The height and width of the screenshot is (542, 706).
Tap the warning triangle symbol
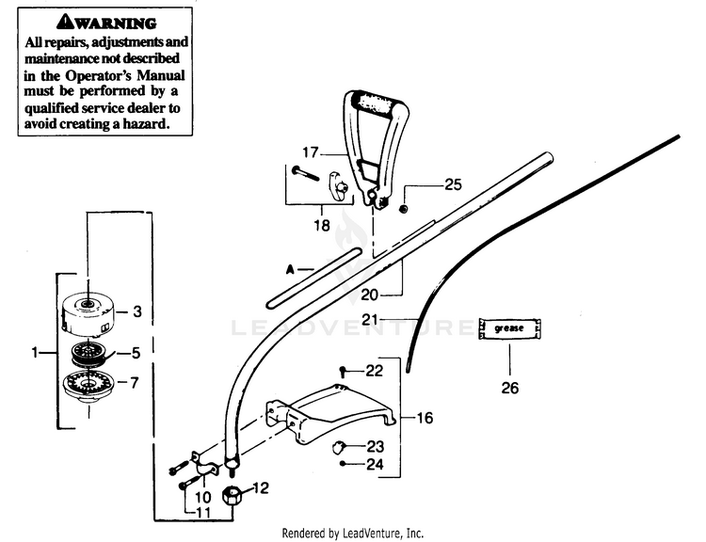(x=64, y=21)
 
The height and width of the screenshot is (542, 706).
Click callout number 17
(x=312, y=151)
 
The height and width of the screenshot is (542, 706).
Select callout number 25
(x=453, y=185)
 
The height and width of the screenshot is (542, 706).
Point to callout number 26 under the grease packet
(x=508, y=387)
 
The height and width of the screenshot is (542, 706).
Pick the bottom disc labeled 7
(x=88, y=387)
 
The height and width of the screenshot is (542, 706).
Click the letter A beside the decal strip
(x=292, y=270)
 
